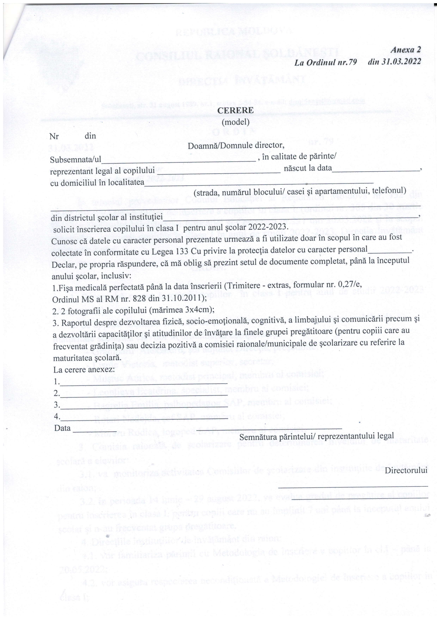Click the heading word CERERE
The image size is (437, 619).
pos(235,110)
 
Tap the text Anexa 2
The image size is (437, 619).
pos(405,50)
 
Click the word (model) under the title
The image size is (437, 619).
pos(235,122)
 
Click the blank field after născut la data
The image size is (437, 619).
pos(376,170)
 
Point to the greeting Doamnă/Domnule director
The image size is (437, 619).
pos(236,146)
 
